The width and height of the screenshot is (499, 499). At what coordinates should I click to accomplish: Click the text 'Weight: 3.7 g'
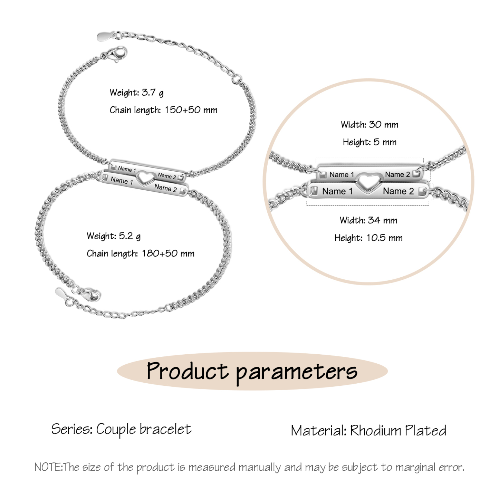pos(136,93)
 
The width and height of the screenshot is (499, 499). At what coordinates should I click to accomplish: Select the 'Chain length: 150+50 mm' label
pos(163,110)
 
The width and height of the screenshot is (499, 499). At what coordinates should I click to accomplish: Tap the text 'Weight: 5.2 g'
pos(114,236)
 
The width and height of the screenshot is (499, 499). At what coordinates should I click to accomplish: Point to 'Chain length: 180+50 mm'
pos(141,253)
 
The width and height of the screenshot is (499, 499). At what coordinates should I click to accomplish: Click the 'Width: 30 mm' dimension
pos(370,125)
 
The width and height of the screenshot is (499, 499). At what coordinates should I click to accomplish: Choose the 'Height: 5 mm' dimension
pos(370,142)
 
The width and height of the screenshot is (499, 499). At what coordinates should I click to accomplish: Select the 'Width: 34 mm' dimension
pos(368,220)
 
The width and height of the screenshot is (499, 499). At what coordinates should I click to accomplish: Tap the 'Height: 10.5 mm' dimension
pos(368,238)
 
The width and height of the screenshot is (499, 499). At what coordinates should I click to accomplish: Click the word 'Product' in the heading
pos(188,371)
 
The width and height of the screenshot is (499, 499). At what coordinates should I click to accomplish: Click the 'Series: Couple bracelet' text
pos(122,429)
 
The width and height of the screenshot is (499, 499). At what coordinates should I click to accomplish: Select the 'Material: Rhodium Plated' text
pos(368,431)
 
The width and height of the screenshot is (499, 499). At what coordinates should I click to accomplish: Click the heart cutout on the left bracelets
pos(146,178)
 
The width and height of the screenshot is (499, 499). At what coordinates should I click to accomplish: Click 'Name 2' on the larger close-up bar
pos(398,191)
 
